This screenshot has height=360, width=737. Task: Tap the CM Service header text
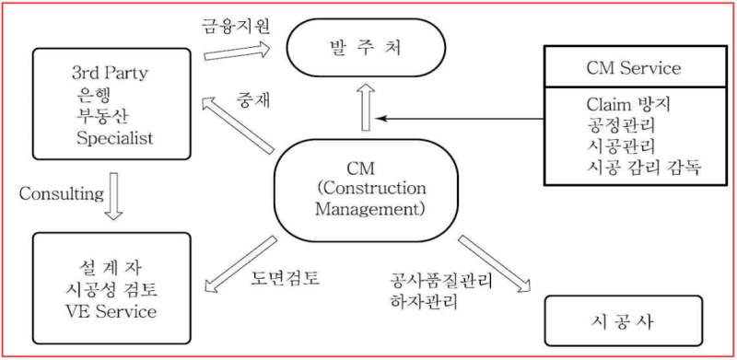[x=632, y=67]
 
